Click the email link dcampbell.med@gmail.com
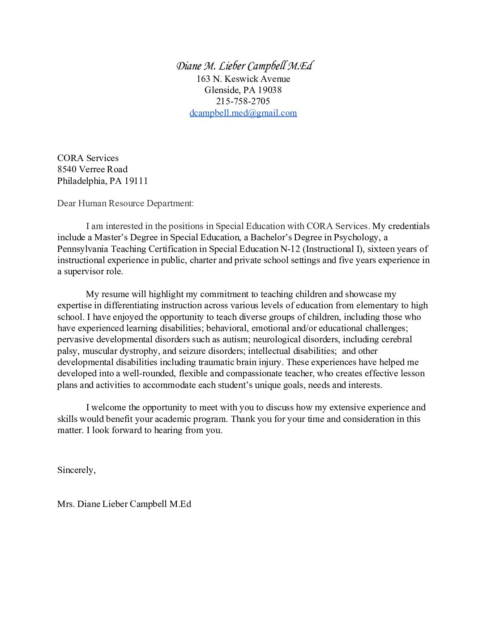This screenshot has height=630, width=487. pyautogui.click(x=243, y=113)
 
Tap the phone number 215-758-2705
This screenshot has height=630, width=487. pyautogui.click(x=243, y=101)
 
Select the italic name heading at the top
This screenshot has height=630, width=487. pyautogui.click(x=244, y=66)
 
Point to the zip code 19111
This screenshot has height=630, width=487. pyautogui.click(x=136, y=181)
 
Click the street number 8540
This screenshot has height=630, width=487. pyautogui.click(x=67, y=169)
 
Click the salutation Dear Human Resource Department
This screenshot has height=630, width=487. pyautogui.click(x=125, y=203)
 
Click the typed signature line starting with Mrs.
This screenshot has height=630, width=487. pyautogui.click(x=124, y=504)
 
